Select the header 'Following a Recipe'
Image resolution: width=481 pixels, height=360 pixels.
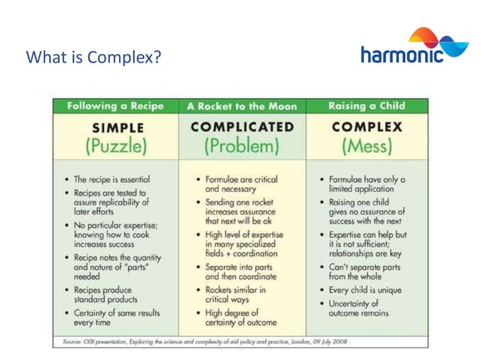point(115,107)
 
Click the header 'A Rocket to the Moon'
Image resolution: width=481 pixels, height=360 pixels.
point(241,107)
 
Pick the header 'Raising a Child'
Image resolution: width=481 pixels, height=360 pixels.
point(367,107)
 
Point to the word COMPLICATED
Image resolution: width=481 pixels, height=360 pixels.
point(242,127)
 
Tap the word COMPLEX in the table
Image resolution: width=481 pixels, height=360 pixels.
point(367,127)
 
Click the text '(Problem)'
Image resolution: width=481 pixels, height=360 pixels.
point(242,145)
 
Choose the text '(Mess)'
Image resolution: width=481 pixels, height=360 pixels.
point(367,145)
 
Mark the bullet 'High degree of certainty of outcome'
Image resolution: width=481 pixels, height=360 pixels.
point(237,318)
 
